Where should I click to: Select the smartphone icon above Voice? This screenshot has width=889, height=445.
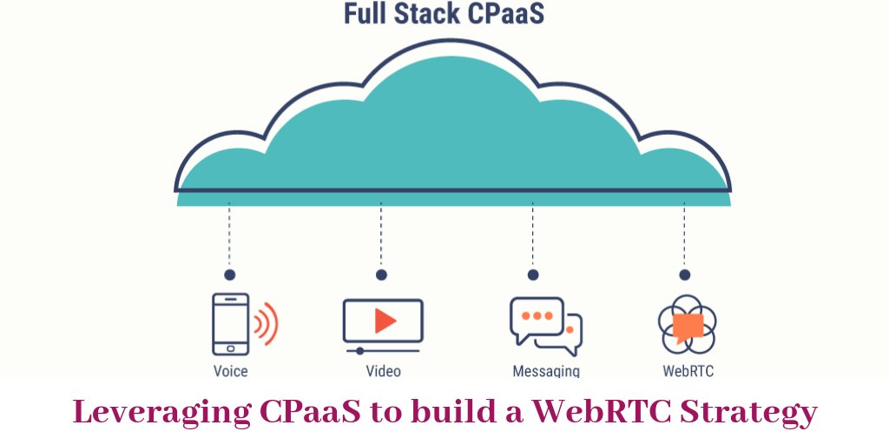coord(230,324)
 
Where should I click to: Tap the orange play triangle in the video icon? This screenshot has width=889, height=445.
coord(385,320)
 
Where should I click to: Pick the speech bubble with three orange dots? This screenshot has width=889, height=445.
coord(537,317)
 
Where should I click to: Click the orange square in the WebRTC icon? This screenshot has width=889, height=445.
coord(688,326)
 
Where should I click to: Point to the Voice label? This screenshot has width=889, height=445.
coord(230,371)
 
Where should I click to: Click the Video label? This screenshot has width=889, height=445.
coord(383,371)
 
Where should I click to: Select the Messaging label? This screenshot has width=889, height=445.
coord(546,371)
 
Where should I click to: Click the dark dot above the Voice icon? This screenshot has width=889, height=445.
coord(229,275)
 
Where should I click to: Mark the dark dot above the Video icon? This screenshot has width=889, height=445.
coord(381,275)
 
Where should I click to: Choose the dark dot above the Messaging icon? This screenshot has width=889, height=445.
coord(533,275)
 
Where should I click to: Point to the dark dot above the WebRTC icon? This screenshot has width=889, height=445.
coord(685,275)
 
